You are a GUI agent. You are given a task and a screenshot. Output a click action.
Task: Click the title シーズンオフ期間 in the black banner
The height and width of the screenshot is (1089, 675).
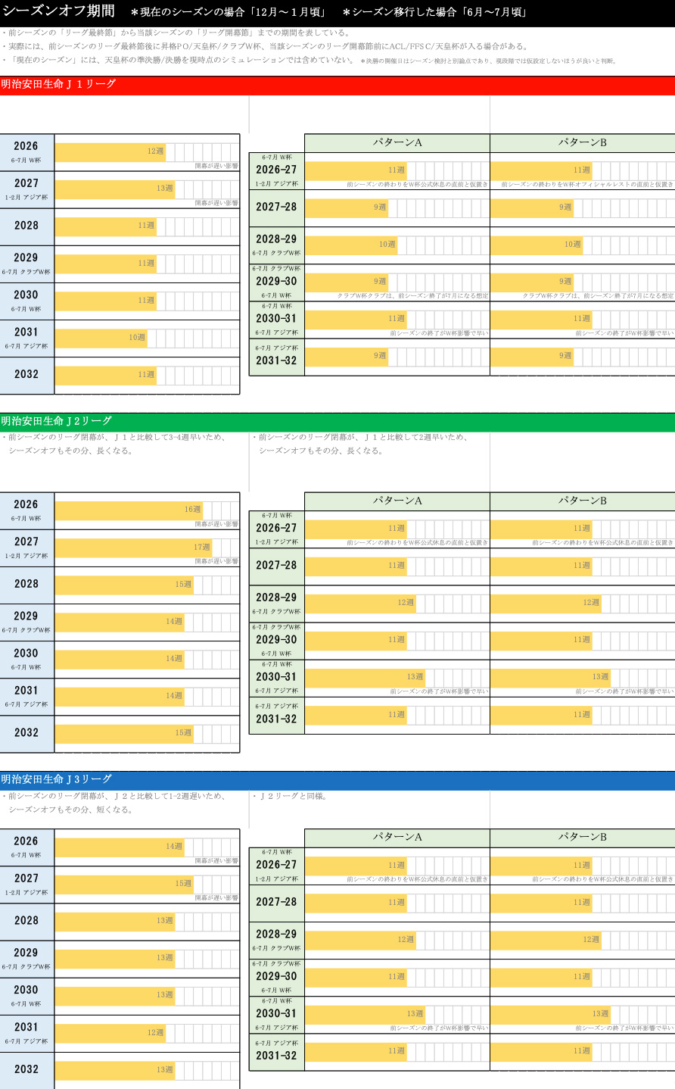point(59,11)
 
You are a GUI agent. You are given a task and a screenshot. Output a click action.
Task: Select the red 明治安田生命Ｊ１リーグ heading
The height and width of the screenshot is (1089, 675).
point(58,85)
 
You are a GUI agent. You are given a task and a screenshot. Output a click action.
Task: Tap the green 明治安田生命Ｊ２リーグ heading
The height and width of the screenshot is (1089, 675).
point(56,421)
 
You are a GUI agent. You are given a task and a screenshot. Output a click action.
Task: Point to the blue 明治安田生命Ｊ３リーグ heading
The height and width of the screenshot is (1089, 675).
point(56,779)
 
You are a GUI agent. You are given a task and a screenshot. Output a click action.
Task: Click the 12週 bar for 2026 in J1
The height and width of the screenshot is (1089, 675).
point(110,151)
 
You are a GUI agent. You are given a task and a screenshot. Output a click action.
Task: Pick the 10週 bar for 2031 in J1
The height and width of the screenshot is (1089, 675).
point(101,338)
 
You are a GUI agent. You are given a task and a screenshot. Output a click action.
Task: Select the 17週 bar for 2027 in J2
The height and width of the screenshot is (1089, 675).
point(133,547)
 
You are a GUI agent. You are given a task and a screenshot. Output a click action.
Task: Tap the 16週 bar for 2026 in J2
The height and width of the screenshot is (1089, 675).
point(129,510)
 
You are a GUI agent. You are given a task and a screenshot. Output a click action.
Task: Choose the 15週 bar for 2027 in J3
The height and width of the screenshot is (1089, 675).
point(124,884)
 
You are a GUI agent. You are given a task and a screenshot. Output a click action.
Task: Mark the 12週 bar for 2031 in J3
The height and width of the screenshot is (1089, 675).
point(110,1033)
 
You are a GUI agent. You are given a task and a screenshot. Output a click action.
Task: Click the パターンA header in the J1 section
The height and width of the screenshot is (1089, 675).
point(397,142)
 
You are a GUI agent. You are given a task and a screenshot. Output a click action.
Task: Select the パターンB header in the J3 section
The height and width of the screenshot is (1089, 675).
point(582,837)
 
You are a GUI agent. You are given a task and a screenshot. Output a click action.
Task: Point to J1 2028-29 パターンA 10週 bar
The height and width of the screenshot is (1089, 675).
point(351,245)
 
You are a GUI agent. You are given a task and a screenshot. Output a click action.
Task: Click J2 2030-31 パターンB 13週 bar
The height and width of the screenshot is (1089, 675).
point(549,677)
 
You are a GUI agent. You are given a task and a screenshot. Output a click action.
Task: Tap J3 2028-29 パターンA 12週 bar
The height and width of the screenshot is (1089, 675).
point(360,940)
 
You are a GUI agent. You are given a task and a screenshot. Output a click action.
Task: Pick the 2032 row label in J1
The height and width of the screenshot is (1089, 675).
point(26,374)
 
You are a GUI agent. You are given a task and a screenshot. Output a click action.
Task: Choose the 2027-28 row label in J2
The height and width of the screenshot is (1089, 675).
point(276,566)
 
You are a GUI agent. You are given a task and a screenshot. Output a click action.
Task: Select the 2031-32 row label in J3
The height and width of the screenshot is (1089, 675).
point(276,1056)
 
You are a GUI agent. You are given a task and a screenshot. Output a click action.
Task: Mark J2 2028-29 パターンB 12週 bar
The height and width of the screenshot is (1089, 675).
point(545,603)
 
